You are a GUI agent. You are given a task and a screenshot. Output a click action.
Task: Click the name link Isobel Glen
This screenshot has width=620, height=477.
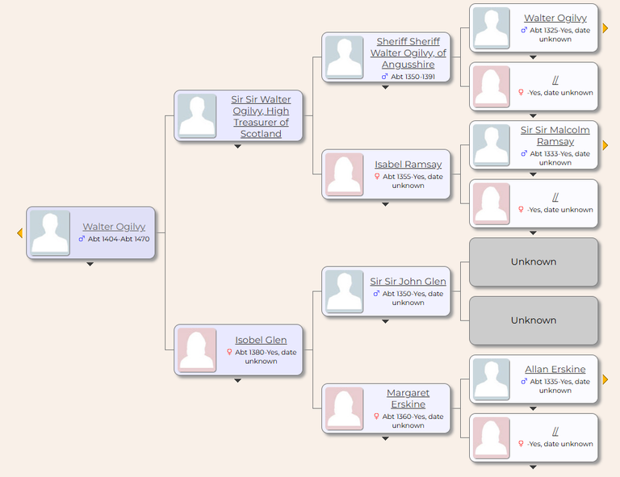tap(261, 340)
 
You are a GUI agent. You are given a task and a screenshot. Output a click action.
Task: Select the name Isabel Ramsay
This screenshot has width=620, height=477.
tap(408, 165)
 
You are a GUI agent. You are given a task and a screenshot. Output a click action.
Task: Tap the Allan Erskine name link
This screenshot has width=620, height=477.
tap(555, 369)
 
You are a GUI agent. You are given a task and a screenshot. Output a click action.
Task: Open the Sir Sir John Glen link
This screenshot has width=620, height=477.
tap(408, 282)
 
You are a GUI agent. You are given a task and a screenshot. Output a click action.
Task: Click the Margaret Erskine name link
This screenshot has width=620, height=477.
tap(408, 399)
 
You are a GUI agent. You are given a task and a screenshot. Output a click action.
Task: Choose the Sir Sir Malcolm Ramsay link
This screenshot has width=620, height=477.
tap(555, 136)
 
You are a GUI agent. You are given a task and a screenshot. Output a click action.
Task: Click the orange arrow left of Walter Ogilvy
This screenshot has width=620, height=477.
tap(19, 232)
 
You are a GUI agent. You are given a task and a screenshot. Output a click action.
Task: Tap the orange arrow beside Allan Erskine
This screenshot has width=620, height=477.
tap(605, 379)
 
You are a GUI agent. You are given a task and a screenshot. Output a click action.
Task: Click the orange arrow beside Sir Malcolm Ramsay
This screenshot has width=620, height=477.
tap(605, 145)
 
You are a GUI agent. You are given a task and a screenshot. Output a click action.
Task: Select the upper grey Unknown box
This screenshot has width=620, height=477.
tap(534, 262)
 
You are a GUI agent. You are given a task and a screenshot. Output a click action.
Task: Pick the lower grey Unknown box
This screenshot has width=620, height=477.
tap(534, 320)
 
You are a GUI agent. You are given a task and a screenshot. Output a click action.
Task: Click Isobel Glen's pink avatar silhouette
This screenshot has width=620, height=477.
tap(196, 349)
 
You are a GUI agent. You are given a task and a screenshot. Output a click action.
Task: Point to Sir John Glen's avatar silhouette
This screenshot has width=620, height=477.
tap(344, 291)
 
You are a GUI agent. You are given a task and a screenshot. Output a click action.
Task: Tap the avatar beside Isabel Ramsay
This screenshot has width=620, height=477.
tap(344, 174)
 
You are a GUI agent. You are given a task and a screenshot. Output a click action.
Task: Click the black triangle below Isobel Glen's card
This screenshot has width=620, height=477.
tap(237, 381)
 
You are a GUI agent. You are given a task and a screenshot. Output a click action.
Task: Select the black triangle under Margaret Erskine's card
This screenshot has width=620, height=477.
tap(386, 439)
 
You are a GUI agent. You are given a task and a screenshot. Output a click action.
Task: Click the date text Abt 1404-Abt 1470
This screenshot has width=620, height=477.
tap(119, 239)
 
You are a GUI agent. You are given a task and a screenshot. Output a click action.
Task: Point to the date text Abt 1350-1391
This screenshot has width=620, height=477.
tap(413, 77)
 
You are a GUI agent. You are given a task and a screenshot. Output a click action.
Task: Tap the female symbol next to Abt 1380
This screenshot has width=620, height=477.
tap(229, 352)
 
